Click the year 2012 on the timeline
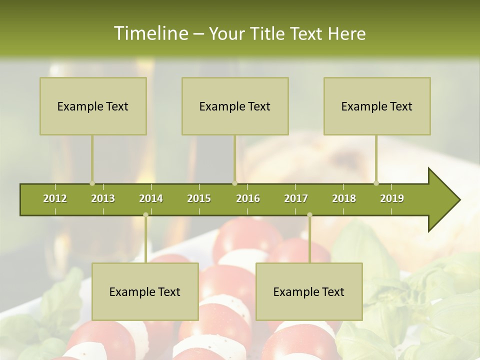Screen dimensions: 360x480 (55, 198)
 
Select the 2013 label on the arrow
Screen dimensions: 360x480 (103, 198)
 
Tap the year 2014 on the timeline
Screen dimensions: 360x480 (151, 198)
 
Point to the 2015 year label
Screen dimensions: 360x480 (199, 198)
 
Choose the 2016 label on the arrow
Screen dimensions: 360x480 (248, 198)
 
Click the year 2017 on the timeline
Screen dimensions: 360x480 (296, 198)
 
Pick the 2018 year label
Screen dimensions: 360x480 (344, 198)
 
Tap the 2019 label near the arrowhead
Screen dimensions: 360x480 (392, 198)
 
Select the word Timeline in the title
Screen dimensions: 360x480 (150, 33)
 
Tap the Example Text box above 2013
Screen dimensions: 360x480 (93, 106)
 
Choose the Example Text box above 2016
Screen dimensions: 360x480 (235, 106)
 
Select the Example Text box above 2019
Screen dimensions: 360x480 (377, 106)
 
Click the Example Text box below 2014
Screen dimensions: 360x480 (145, 291)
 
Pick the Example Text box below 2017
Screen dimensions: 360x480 (309, 291)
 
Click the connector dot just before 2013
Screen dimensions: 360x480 (92, 183)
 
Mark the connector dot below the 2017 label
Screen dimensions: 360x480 (309, 215)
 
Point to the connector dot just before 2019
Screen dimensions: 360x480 (376, 183)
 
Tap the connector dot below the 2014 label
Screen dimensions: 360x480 (145, 215)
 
